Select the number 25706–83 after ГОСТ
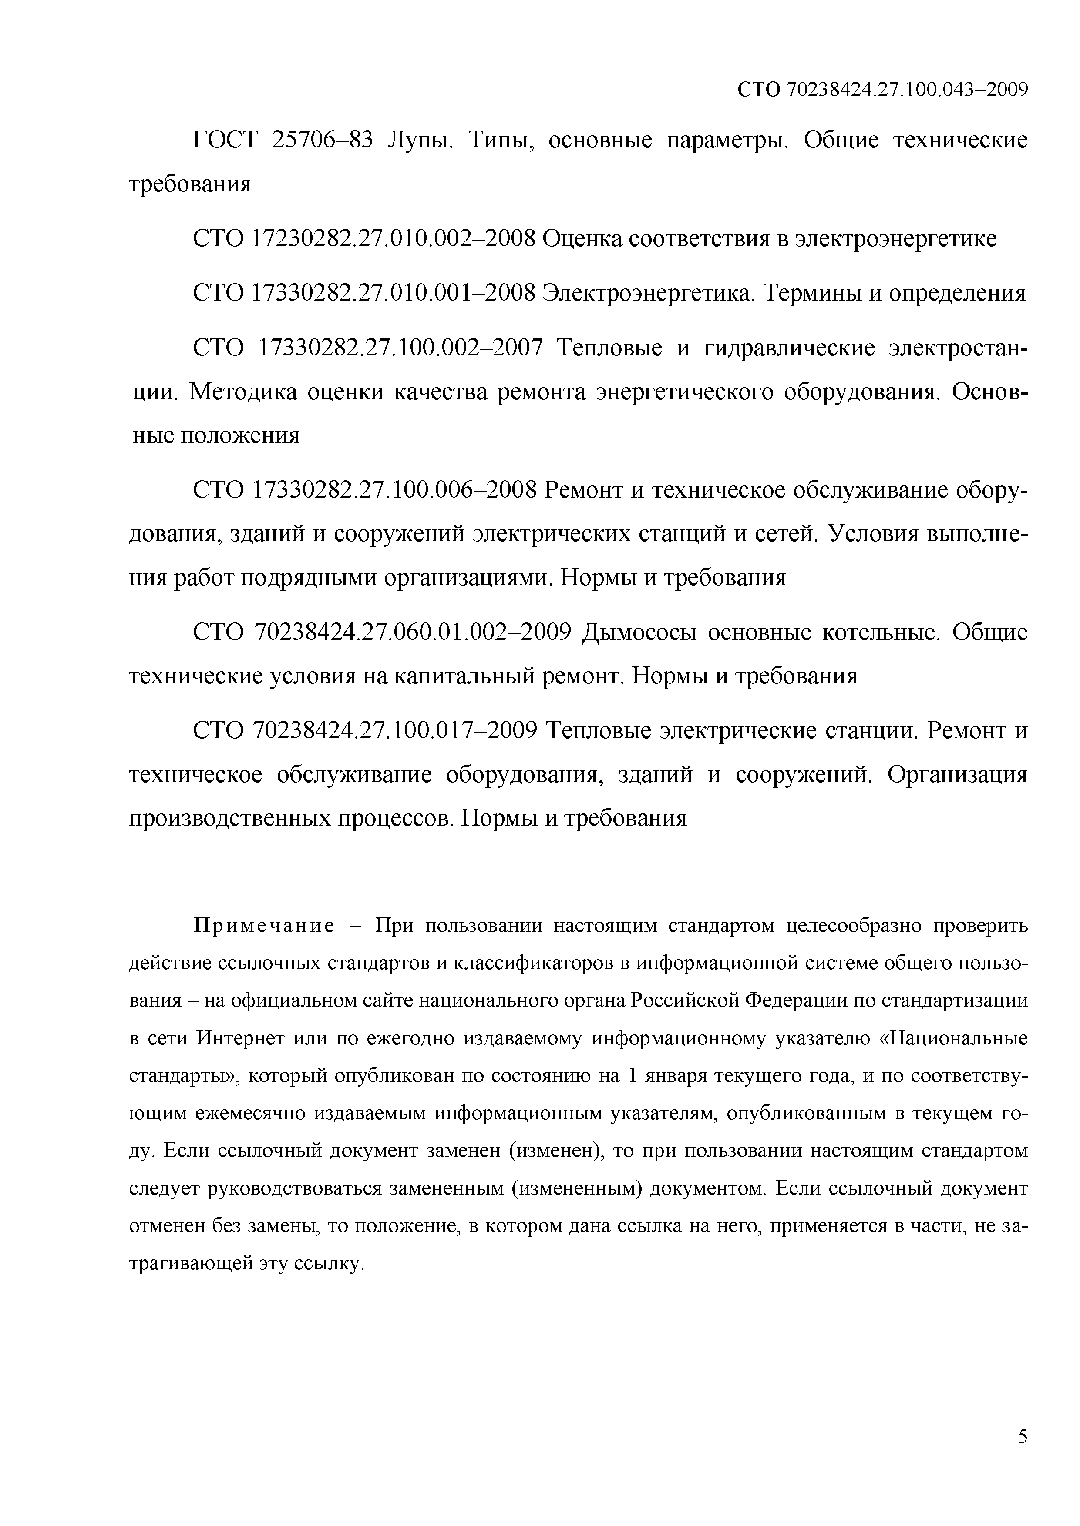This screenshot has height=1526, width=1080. point(323,140)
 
